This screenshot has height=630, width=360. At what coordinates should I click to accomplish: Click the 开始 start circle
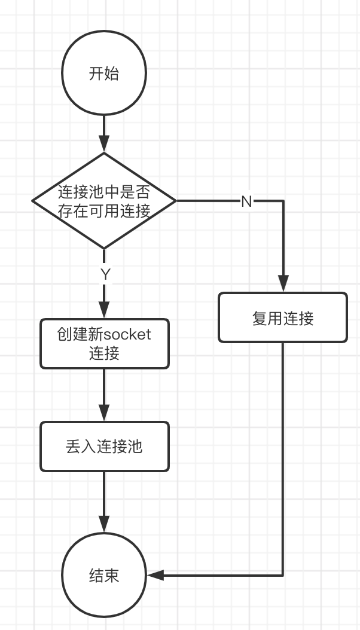[104, 74]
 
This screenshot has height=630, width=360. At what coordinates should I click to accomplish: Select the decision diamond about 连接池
[104, 201]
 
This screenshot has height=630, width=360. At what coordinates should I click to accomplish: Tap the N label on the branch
[246, 201]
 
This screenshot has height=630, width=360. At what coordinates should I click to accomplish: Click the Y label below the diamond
[105, 274]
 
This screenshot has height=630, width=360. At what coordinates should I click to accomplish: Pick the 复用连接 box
[283, 317]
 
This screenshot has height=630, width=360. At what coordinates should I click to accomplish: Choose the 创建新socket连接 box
[105, 343]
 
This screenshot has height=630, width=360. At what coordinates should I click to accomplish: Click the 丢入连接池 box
[105, 446]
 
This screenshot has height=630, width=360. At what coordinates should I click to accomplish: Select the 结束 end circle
[104, 575]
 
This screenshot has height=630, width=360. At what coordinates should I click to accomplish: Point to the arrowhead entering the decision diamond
[104, 145]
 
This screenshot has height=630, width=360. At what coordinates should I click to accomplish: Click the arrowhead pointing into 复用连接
[283, 284]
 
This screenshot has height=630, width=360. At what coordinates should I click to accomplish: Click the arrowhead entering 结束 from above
[104, 525]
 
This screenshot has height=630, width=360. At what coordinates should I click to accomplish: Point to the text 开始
[104, 74]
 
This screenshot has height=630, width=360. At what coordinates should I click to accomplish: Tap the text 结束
[104, 575]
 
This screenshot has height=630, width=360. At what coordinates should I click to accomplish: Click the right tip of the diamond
[176, 201]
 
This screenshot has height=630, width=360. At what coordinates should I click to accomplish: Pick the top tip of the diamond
[104, 154]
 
